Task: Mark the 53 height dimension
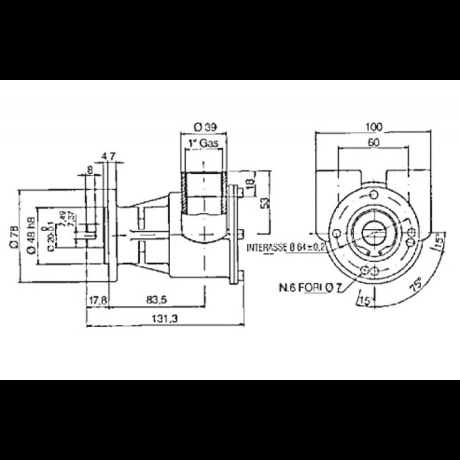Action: point(264,203)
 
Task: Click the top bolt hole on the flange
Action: point(374,194)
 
